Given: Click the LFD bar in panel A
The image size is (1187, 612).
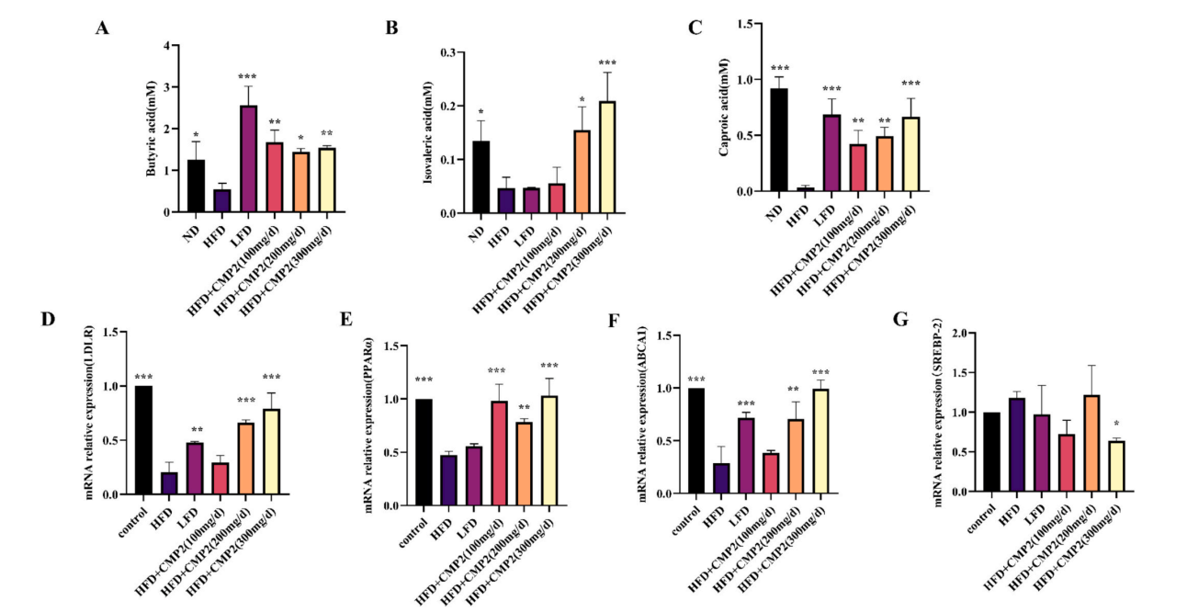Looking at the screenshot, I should (247, 159).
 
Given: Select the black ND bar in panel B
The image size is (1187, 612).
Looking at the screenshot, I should (481, 177).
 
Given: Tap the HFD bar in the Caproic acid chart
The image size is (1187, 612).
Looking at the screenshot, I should (806, 189).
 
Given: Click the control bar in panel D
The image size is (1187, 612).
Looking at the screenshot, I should (143, 440).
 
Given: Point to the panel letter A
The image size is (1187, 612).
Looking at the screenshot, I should (103, 28).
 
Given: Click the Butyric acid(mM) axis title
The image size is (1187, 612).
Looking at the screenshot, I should (151, 129).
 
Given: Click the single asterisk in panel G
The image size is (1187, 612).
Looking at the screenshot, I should (1116, 425).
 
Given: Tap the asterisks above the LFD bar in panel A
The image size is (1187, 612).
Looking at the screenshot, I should (247, 77).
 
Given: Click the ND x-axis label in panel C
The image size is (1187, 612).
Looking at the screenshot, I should (774, 213).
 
